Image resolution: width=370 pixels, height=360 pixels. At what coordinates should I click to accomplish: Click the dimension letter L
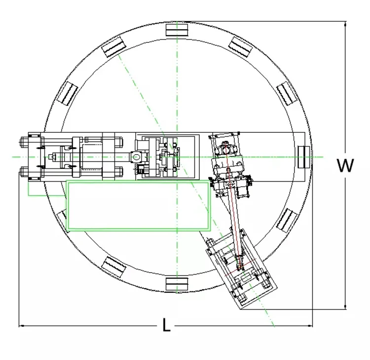point(167,325)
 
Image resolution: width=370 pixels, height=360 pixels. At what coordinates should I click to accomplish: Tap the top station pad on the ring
point(177,30)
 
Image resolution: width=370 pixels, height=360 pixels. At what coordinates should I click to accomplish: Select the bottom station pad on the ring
point(177,284)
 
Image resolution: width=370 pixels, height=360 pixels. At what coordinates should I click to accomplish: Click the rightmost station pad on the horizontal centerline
point(304,157)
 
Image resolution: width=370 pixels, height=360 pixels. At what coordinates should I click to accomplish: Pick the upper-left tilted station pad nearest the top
point(113,47)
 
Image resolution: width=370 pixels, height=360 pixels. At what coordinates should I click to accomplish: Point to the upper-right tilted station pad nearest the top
point(240,47)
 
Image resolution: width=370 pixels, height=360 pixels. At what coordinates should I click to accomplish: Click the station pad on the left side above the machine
point(68,93)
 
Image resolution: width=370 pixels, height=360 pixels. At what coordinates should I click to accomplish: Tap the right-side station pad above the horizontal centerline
point(287,93)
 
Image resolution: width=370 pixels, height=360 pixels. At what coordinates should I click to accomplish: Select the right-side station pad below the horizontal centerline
point(287,220)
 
